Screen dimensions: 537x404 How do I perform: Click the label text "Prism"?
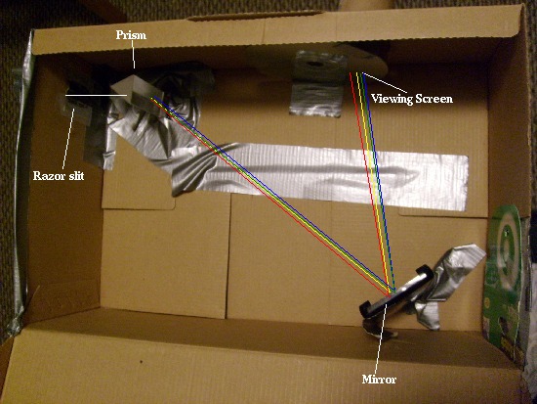click(x=131, y=35)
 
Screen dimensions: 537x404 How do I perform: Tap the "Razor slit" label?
click(x=59, y=176)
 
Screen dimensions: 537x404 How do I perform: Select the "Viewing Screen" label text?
click(x=412, y=99)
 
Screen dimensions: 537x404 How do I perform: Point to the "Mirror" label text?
click(x=379, y=380)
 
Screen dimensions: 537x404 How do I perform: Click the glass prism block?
click(x=137, y=93)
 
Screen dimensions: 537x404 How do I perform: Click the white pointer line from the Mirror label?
click(x=381, y=338)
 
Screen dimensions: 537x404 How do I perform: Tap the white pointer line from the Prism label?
click(x=133, y=55)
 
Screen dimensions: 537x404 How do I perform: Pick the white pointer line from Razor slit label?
click(x=68, y=139)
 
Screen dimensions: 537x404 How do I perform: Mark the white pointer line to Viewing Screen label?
click(x=385, y=83)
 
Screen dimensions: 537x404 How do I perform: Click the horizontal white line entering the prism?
click(x=97, y=95)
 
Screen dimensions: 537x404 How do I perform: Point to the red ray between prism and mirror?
click(x=268, y=197)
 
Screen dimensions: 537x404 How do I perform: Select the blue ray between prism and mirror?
click(x=274, y=195)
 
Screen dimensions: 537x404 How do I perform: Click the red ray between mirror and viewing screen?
click(x=369, y=184)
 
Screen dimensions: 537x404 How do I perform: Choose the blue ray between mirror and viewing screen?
click(x=379, y=183)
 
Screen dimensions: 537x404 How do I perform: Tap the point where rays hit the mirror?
click(x=391, y=292)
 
